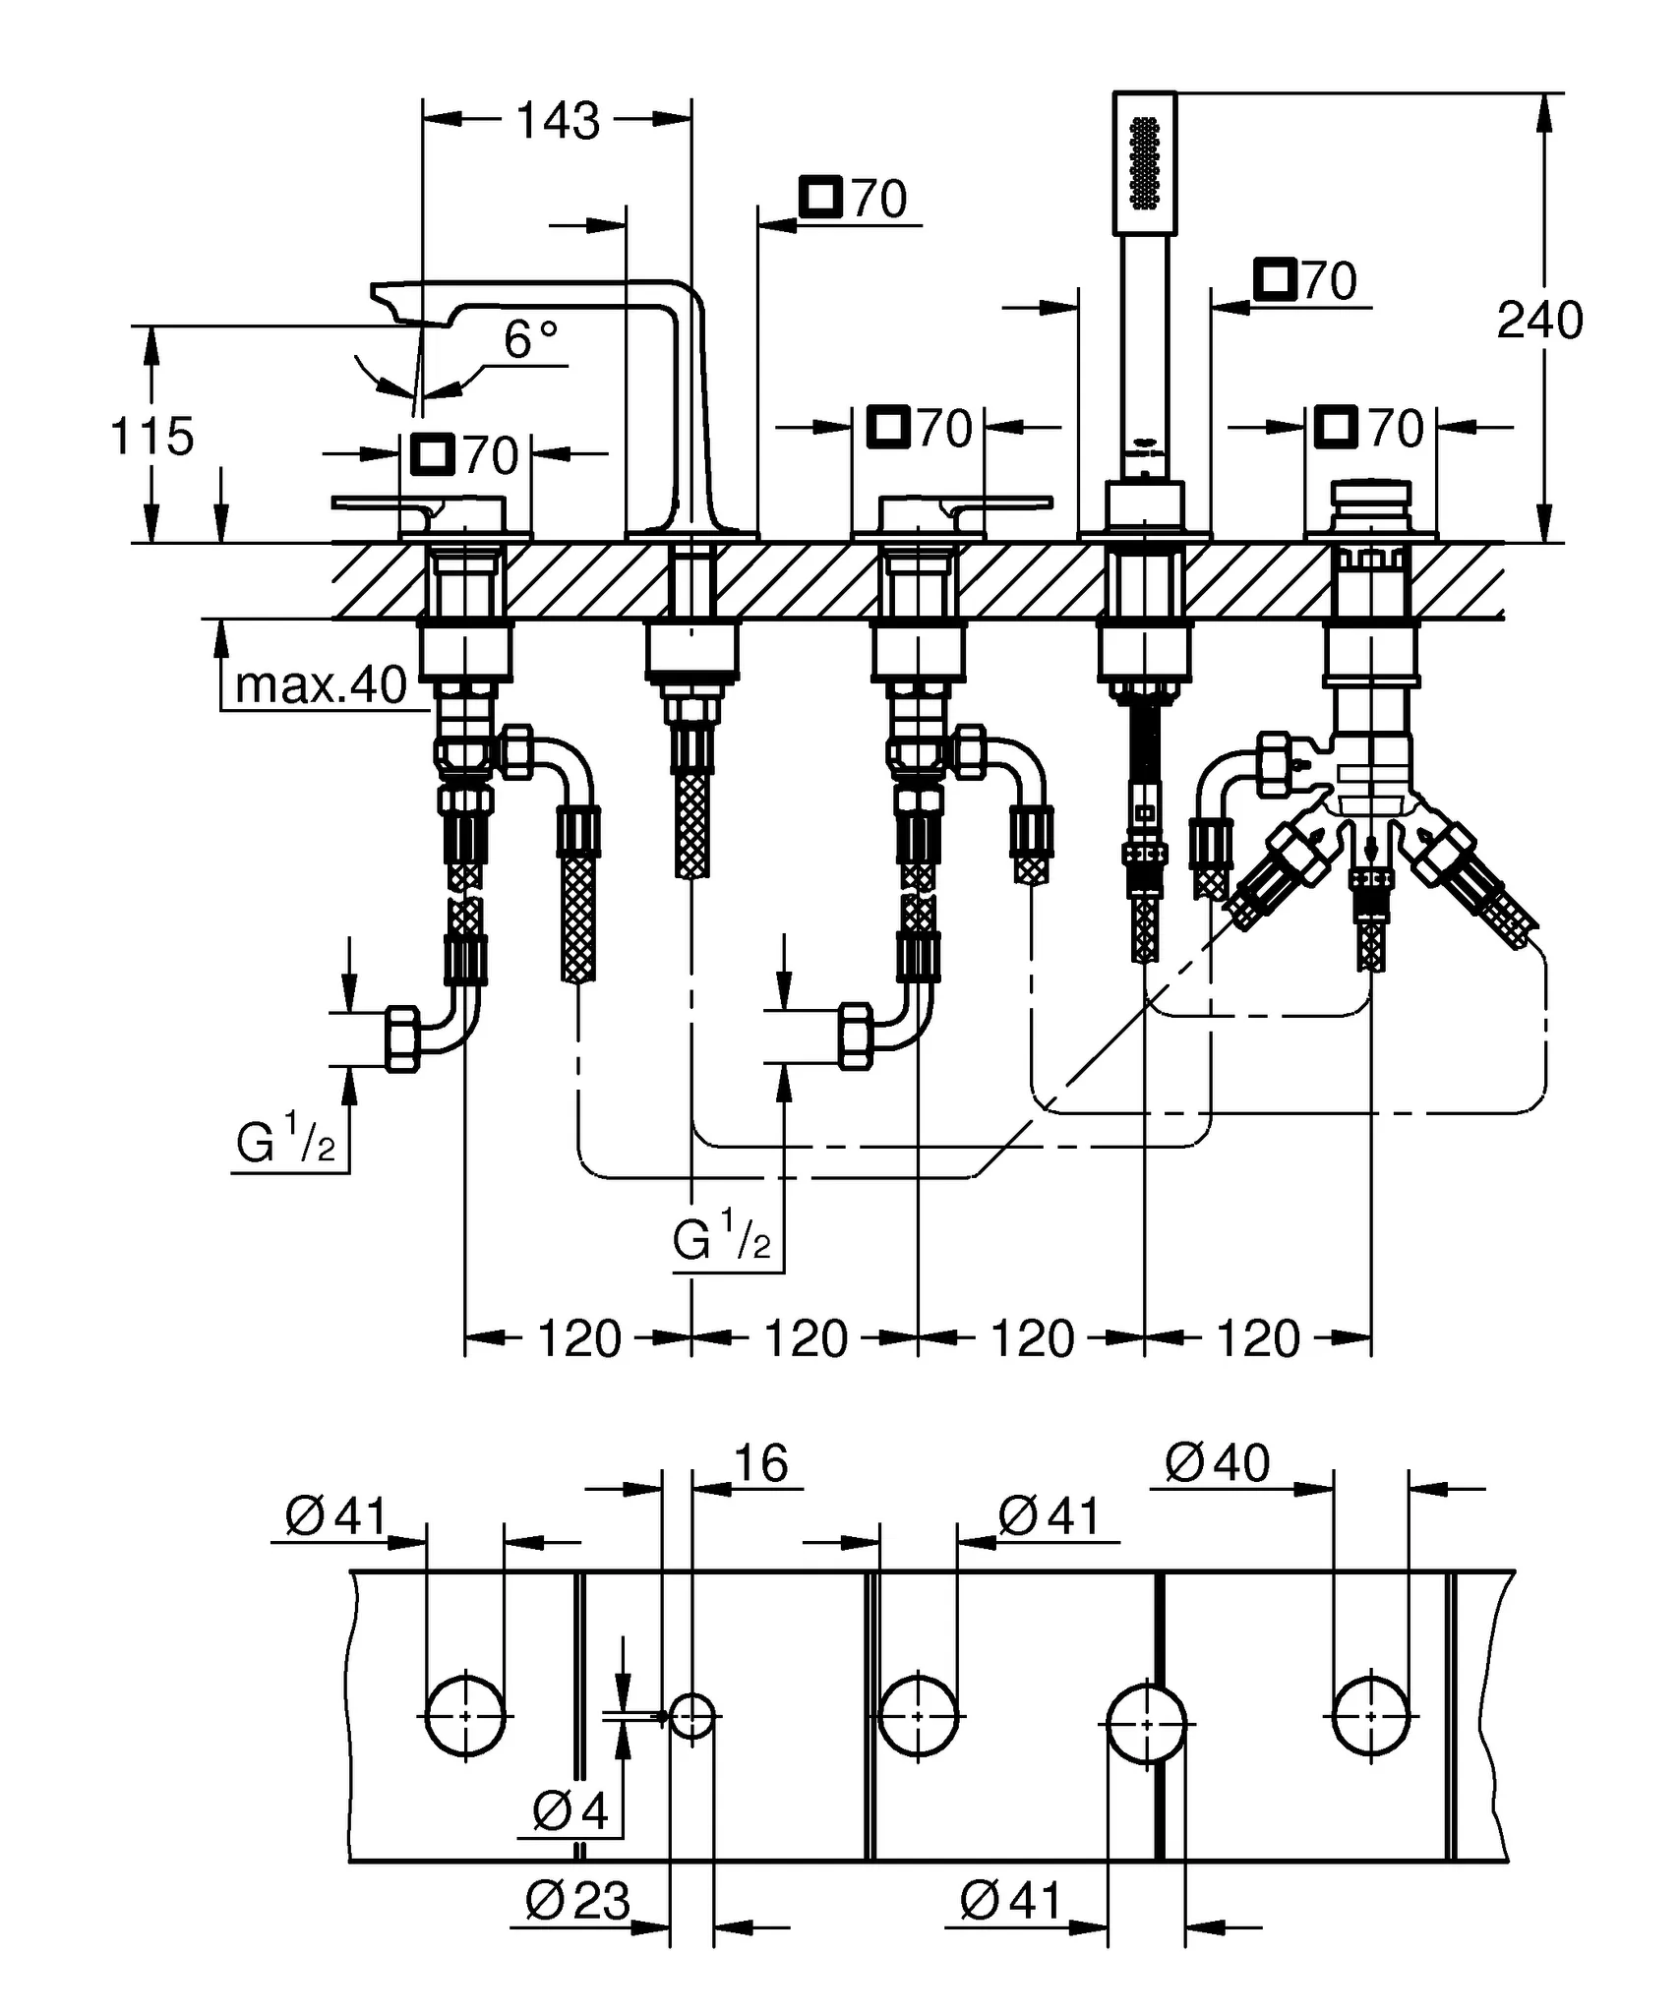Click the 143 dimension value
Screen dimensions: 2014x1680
pyautogui.click(x=558, y=120)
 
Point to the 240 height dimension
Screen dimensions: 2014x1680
pyautogui.click(x=1539, y=321)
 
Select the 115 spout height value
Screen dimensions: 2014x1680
pyautogui.click(x=151, y=436)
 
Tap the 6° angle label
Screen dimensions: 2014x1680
pyautogui.click(x=530, y=340)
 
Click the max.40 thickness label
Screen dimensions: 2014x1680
pyautogui.click(x=321, y=684)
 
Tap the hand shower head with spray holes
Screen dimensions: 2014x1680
pyautogui.click(x=1144, y=163)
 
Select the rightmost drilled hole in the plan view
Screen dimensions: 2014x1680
pyautogui.click(x=1371, y=1716)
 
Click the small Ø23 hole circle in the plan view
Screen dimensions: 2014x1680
pyautogui.click(x=692, y=1716)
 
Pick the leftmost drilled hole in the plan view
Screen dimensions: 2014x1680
pyautogui.click(x=465, y=1716)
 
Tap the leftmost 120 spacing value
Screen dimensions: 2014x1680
pyautogui.click(x=579, y=1338)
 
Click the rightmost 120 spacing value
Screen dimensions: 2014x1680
pyautogui.click(x=1258, y=1338)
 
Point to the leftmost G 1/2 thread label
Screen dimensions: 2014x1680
pyautogui.click(x=285, y=1143)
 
